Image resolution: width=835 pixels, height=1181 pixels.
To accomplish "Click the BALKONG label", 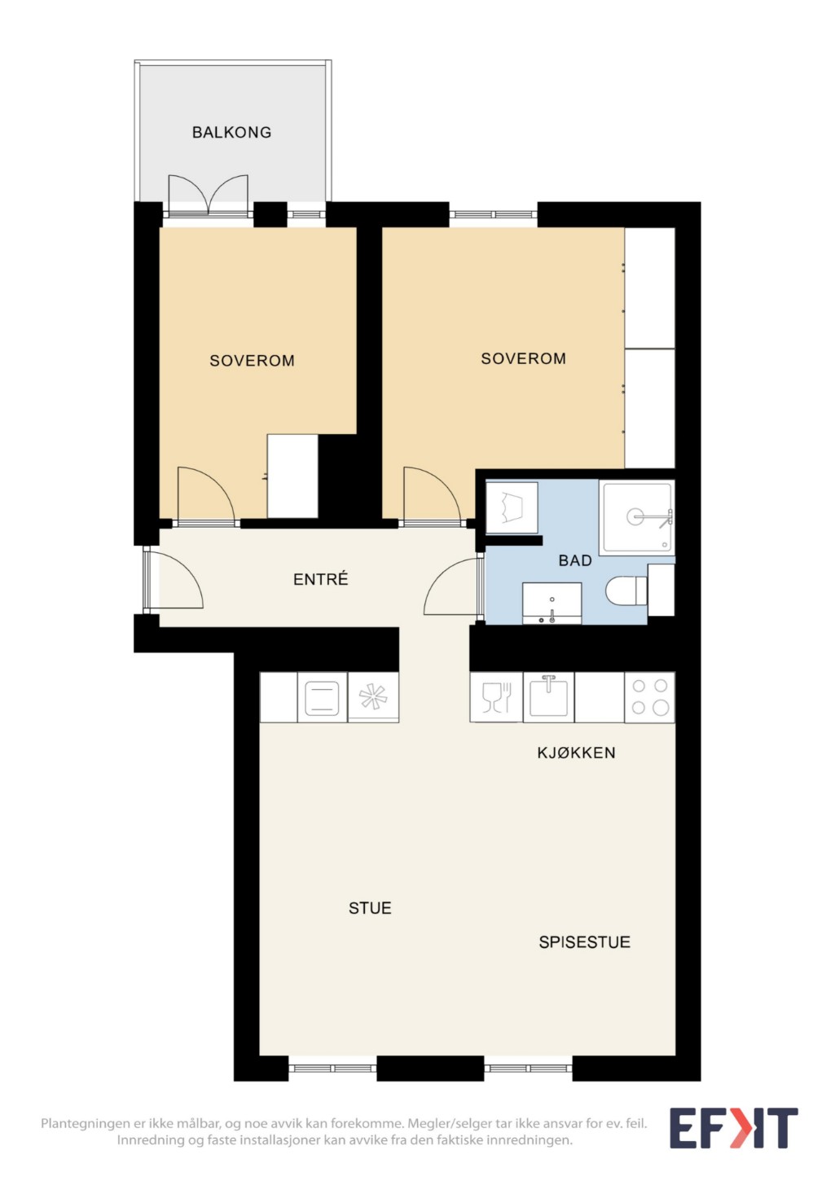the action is (231, 132).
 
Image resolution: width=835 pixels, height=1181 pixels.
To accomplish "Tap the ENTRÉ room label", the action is (321, 579).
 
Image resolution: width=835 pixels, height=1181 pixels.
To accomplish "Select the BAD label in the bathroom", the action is (575, 560).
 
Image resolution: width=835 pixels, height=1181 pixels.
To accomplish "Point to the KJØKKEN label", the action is (576, 753).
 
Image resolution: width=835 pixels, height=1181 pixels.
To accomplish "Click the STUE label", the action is (370, 908).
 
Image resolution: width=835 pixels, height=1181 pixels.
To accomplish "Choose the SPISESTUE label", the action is (584, 942).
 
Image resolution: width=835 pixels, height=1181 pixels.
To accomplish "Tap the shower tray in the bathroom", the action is (637, 517).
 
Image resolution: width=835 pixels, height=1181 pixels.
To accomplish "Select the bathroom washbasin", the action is (552, 604).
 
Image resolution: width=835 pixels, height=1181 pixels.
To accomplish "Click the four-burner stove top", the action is (649, 697).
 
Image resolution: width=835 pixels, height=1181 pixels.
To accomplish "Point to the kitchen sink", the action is (548, 697).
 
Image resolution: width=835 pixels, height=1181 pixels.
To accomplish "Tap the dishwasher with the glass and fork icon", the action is (496, 697).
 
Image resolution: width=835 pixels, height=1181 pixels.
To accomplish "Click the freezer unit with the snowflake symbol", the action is (373, 697).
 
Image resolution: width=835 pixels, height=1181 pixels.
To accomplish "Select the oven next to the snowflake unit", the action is (323, 697).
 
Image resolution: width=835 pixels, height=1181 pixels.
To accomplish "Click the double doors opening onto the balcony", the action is (208, 196).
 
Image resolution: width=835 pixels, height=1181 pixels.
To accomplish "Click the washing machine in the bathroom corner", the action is (511, 507).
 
